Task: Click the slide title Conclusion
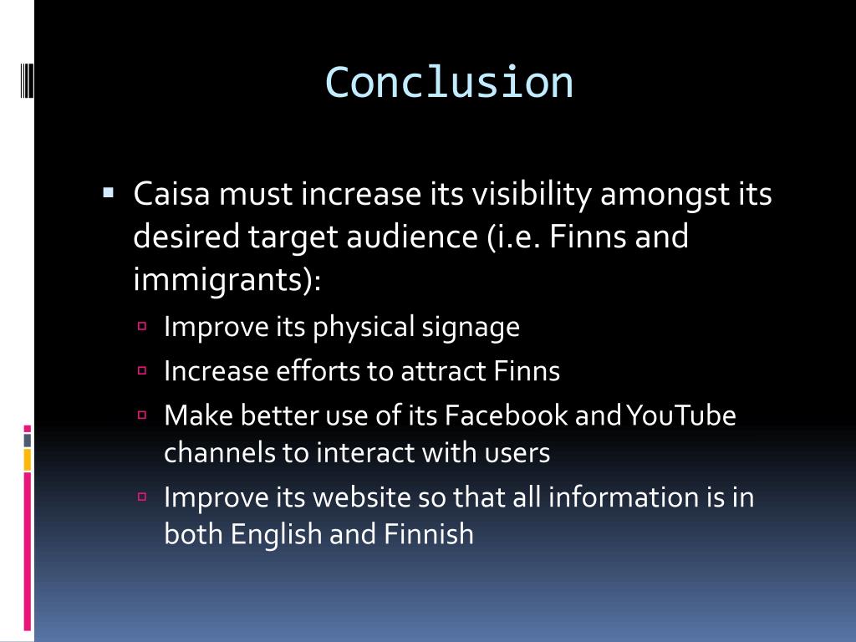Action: click(x=449, y=82)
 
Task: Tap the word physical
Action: click(x=364, y=327)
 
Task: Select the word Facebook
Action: click(x=507, y=415)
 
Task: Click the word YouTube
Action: click(x=680, y=415)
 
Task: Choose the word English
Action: click(x=277, y=534)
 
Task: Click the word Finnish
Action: click(x=429, y=534)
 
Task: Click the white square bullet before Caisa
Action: click(x=108, y=193)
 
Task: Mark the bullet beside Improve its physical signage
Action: click(x=142, y=326)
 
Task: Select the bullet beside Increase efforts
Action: click(x=142, y=369)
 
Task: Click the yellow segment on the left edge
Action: click(x=27, y=460)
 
